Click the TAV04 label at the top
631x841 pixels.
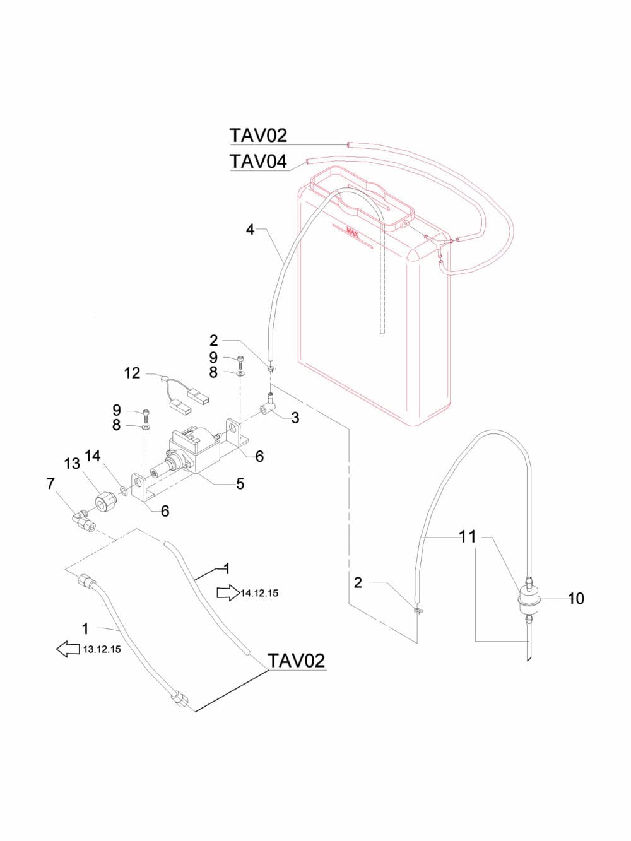click(x=258, y=162)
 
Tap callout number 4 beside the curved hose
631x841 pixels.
click(x=251, y=230)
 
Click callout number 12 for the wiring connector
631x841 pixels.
click(x=132, y=373)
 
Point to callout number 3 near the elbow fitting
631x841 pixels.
click(x=295, y=418)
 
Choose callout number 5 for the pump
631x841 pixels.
click(x=240, y=484)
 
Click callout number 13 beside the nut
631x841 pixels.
click(x=72, y=464)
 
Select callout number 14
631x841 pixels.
click(x=93, y=456)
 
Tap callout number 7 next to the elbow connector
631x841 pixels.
click(x=50, y=484)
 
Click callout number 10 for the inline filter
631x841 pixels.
click(x=576, y=597)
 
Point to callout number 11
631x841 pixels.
click(x=468, y=537)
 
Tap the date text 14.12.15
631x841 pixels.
click(x=259, y=594)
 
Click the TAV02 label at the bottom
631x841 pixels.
click(x=297, y=661)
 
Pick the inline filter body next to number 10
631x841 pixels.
click(x=528, y=597)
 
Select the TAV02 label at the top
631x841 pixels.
click(x=258, y=135)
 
